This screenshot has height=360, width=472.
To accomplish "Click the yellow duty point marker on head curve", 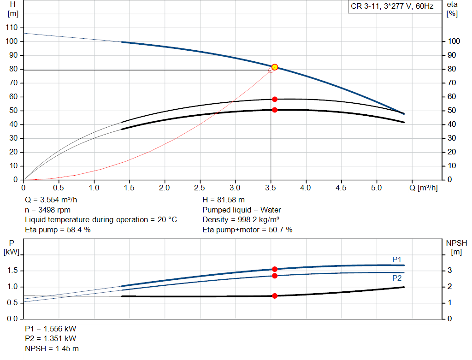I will [x=275, y=67].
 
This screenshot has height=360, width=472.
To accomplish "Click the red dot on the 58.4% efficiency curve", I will [x=275, y=99].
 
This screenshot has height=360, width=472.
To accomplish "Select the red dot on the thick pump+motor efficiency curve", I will [x=275, y=110].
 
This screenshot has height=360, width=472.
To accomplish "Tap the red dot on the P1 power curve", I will [x=275, y=269].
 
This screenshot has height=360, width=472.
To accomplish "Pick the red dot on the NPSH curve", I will [x=275, y=296].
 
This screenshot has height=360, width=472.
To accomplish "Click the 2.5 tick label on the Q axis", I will [x=200, y=188].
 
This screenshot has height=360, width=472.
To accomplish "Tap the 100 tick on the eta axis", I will [x=454, y=41].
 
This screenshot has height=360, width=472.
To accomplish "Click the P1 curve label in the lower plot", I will [x=397, y=260].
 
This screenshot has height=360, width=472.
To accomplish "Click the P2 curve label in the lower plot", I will [x=397, y=278].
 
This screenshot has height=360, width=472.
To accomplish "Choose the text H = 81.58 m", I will [x=224, y=200].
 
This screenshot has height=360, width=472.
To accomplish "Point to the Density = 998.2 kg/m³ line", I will [x=242, y=219].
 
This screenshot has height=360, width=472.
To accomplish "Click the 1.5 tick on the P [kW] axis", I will [x=12, y=271].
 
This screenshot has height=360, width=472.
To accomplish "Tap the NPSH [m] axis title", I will [x=456, y=247].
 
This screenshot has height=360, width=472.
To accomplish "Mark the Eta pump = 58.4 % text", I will [x=58, y=229].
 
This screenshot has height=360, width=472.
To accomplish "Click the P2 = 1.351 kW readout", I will [x=51, y=339].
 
